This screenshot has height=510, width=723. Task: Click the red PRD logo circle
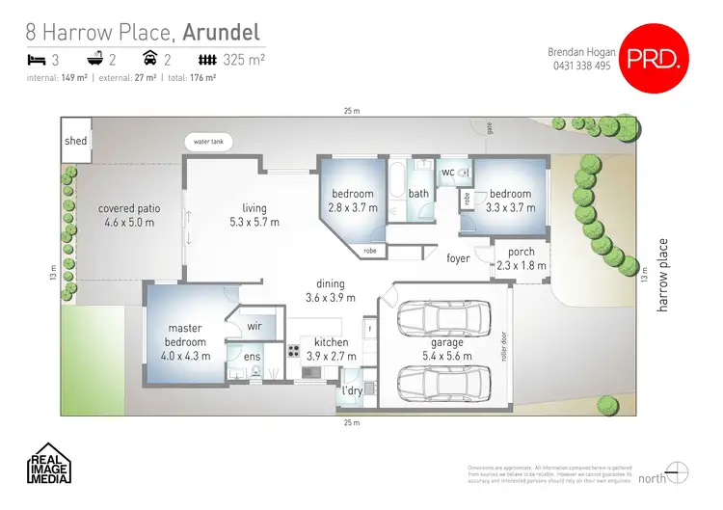pos(656,59)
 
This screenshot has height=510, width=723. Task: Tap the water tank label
pos(209,142)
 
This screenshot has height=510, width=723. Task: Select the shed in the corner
pos(75,141)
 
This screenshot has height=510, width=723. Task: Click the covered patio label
pos(129,208)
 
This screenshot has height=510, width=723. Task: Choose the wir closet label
pos(255,327)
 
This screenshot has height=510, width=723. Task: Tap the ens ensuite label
pos(252,357)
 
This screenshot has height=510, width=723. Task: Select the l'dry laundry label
pos(352,390)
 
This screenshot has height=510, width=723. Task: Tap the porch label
pos(521,253)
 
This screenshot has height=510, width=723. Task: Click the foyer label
pos(459,258)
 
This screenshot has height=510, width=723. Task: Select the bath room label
pos(418,194)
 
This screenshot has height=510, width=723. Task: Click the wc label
pos(447,173)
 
